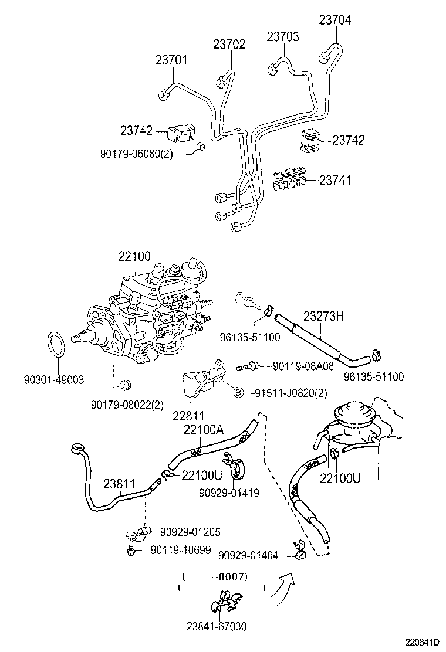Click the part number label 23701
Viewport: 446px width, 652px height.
(x=171, y=60)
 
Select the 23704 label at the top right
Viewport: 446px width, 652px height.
(x=335, y=20)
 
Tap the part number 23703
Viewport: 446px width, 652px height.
(x=283, y=36)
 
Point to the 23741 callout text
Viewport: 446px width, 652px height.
(x=335, y=180)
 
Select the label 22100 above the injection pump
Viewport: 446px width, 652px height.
(x=134, y=256)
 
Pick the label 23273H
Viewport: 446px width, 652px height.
(x=323, y=317)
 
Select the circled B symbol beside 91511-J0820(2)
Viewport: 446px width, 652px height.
(x=238, y=393)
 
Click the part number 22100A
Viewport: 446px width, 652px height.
(x=204, y=430)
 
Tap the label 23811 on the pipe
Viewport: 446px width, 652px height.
(x=119, y=484)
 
